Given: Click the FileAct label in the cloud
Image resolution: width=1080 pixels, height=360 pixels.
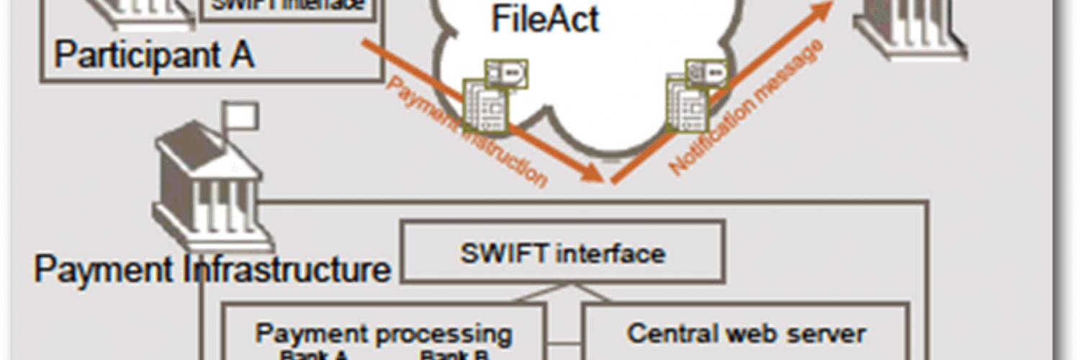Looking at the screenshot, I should tap(545, 19).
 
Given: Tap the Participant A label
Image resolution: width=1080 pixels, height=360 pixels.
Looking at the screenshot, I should tap(154, 55).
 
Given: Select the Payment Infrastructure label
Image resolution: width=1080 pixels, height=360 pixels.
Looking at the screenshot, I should tap(212, 269).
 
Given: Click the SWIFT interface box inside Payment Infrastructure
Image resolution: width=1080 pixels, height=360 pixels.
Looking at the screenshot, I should tap(562, 252).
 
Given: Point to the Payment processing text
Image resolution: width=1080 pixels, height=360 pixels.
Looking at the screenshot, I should tap(384, 333).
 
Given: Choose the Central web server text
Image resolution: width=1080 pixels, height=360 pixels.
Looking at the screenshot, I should tap(746, 333).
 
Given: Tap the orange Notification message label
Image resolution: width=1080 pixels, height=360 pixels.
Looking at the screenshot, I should tap(746, 108).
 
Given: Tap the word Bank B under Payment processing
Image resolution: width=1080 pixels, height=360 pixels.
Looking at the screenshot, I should tap(454, 354).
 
